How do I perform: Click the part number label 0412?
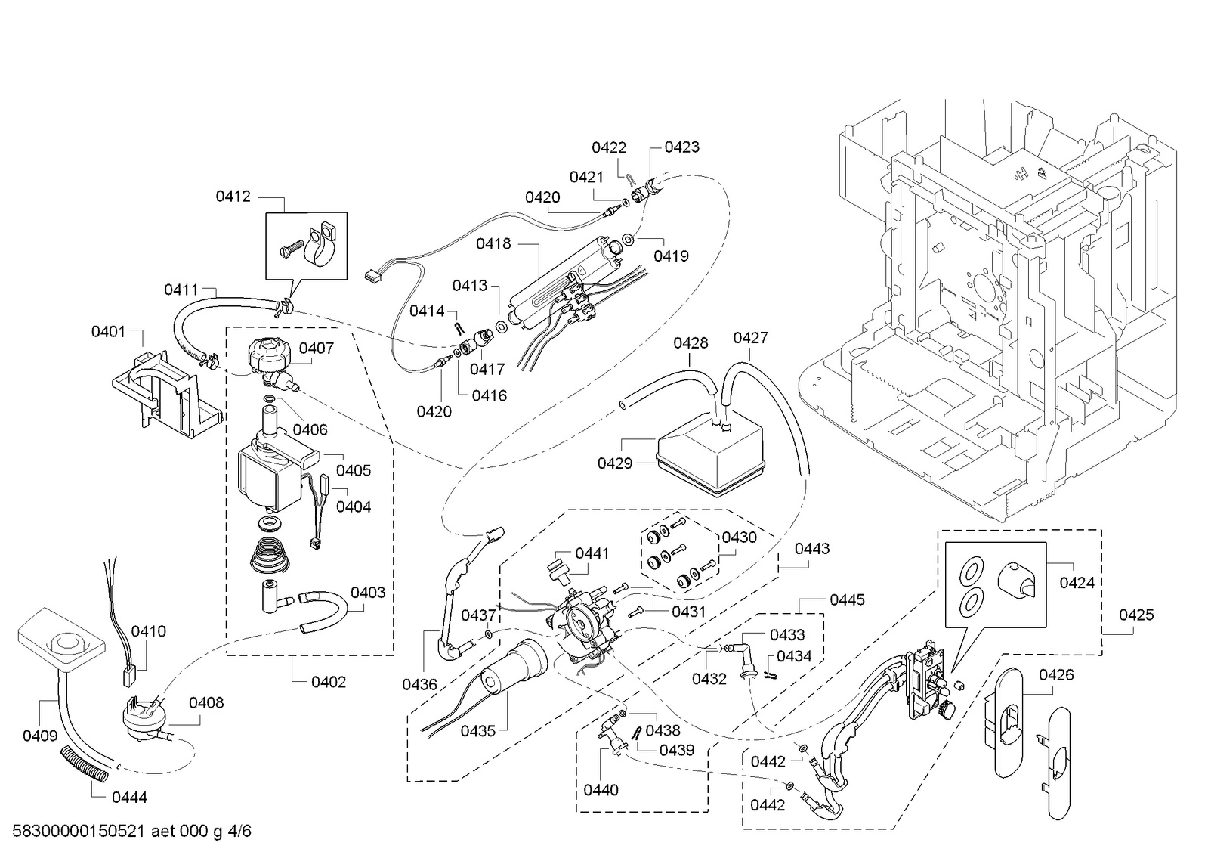[x=233, y=197]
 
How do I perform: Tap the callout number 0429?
[x=615, y=463]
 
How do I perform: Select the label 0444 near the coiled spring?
[x=129, y=798]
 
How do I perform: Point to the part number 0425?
[x=1136, y=615]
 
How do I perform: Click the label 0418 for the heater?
[x=493, y=244]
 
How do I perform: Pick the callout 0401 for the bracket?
[x=108, y=331]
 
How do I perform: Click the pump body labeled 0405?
[x=272, y=475]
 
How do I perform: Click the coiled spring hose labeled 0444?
[x=84, y=764]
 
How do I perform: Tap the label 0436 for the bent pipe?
[x=419, y=684]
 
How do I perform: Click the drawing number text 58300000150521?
[x=79, y=831]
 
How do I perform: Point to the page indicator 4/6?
[x=239, y=831]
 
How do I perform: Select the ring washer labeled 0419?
[x=629, y=239]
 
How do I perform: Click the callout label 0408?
[x=206, y=703]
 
